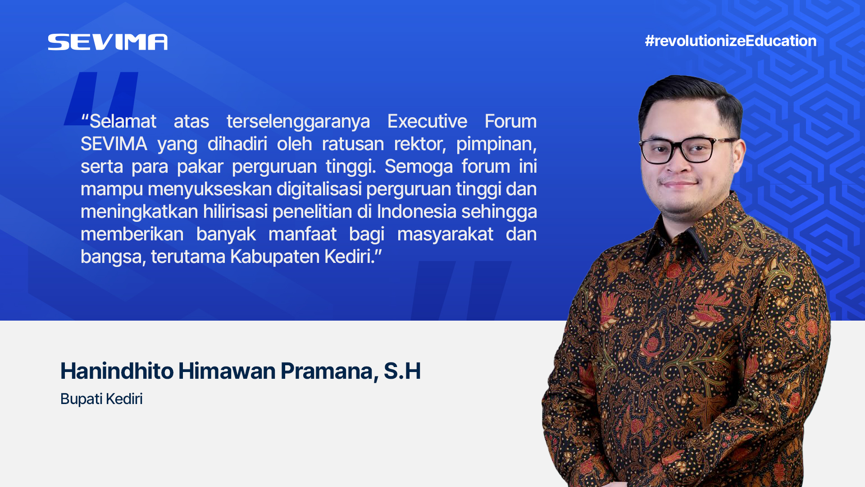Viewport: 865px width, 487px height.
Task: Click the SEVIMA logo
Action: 108,42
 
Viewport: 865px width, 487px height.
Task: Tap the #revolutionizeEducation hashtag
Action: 730,41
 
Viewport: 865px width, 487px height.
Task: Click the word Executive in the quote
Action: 427,121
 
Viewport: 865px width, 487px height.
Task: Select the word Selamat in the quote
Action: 123,121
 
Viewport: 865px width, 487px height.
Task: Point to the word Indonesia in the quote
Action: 417,211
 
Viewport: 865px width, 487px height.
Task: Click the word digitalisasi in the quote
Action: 319,189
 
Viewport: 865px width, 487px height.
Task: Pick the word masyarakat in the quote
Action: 445,234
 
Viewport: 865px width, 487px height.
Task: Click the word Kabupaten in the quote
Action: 273,257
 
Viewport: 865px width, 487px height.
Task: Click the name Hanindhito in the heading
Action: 117,371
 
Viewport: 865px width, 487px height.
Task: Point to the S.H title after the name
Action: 402,371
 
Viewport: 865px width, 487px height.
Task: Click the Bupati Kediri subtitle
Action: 101,399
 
